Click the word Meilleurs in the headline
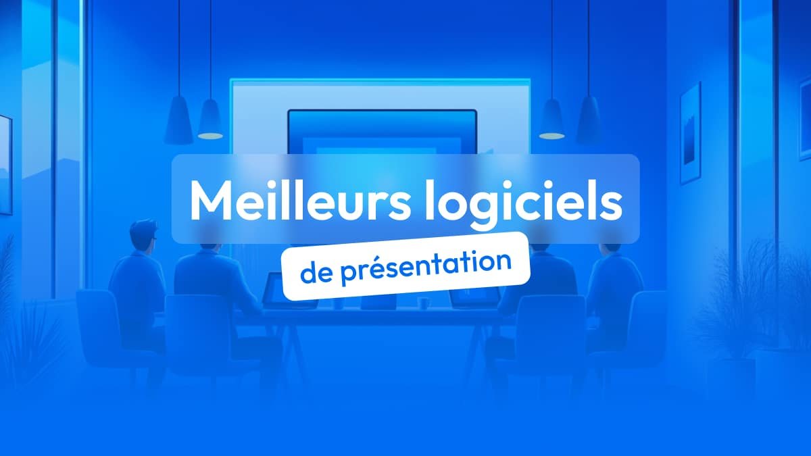[x=300, y=199]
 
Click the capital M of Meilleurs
[x=211, y=200]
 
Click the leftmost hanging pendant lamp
[x=178, y=120]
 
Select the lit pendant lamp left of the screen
[x=210, y=119]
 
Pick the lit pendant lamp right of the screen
[x=551, y=119]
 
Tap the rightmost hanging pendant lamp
[x=589, y=120]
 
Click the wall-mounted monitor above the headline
[x=382, y=132]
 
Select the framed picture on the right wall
[x=691, y=133]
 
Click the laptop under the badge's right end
[x=475, y=297]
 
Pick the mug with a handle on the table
[x=423, y=303]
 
